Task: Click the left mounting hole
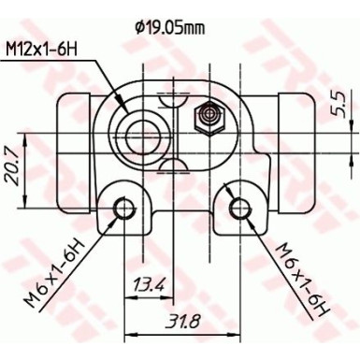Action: pyautogui.click(x=122, y=209)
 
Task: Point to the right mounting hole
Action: pyautogui.click(x=239, y=209)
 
